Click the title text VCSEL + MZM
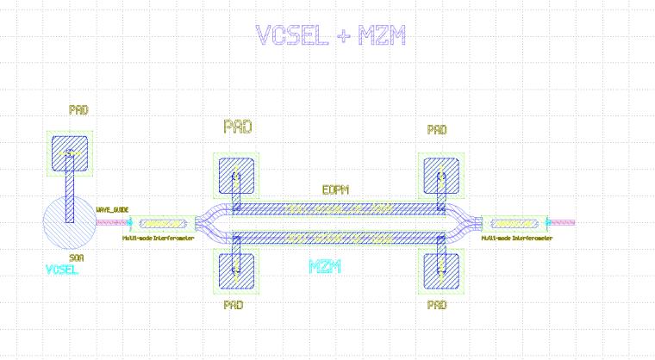pyautogui.click(x=331, y=35)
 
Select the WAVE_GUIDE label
pyautogui.click(x=112, y=209)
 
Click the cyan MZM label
pyautogui.click(x=326, y=266)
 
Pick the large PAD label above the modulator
pyautogui.click(x=238, y=127)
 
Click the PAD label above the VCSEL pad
pyautogui.click(x=78, y=110)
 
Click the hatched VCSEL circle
pyautogui.click(x=53, y=226)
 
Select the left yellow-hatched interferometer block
pyautogui.click(x=163, y=222)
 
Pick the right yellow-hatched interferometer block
pyautogui.click(x=515, y=222)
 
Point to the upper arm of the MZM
pyautogui.click(x=336, y=208)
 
